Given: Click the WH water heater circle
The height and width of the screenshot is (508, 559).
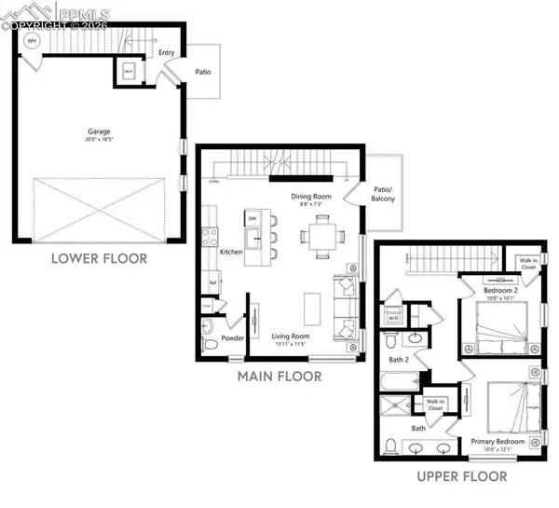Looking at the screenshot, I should pyautogui.click(x=32, y=41).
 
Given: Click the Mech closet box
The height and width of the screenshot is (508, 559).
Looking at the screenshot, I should pyautogui.click(x=129, y=70).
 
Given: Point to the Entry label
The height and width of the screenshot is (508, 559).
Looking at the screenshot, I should pyautogui.click(x=167, y=53).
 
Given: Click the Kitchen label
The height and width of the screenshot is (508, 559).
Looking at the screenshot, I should pyautogui.click(x=231, y=252).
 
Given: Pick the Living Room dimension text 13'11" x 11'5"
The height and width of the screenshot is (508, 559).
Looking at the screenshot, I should pyautogui.click(x=292, y=345).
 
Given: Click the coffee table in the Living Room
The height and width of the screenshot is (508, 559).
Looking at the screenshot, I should pyautogui.click(x=313, y=309).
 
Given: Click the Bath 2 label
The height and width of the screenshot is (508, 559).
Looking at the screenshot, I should pyautogui.click(x=401, y=359).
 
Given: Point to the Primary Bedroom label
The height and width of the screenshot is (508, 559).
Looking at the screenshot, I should pyautogui.click(x=497, y=441).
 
